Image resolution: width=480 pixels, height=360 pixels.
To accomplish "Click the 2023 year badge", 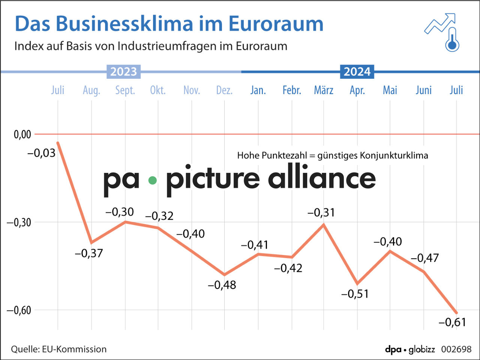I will click(x=124, y=71).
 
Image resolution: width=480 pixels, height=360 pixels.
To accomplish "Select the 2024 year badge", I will click(x=357, y=71).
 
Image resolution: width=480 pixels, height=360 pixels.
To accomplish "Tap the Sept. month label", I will click(x=125, y=90).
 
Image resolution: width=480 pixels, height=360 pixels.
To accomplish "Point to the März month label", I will click(x=324, y=90).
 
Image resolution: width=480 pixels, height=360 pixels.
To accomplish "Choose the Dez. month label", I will click(x=224, y=90).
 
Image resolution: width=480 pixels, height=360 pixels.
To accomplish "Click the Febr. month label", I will click(x=292, y=90).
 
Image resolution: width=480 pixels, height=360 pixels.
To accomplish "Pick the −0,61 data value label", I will click(x=452, y=322).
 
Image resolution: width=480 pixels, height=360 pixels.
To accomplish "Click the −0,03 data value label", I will click(x=41, y=153).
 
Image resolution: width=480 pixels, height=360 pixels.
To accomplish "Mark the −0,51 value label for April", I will click(x=355, y=294).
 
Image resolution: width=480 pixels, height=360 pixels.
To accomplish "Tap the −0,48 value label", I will click(x=222, y=285).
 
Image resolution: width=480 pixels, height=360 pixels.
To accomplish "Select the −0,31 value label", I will click(x=321, y=213).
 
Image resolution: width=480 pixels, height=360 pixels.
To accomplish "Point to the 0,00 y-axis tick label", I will click(x=22, y=134).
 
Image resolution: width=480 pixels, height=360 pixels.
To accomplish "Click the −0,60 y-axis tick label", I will click(x=19, y=310).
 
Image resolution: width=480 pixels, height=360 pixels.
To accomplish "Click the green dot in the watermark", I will click(x=152, y=181).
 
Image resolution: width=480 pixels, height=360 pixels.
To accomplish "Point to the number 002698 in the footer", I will click(x=456, y=349).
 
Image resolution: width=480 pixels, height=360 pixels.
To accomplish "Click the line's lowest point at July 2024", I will click(x=456, y=313).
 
